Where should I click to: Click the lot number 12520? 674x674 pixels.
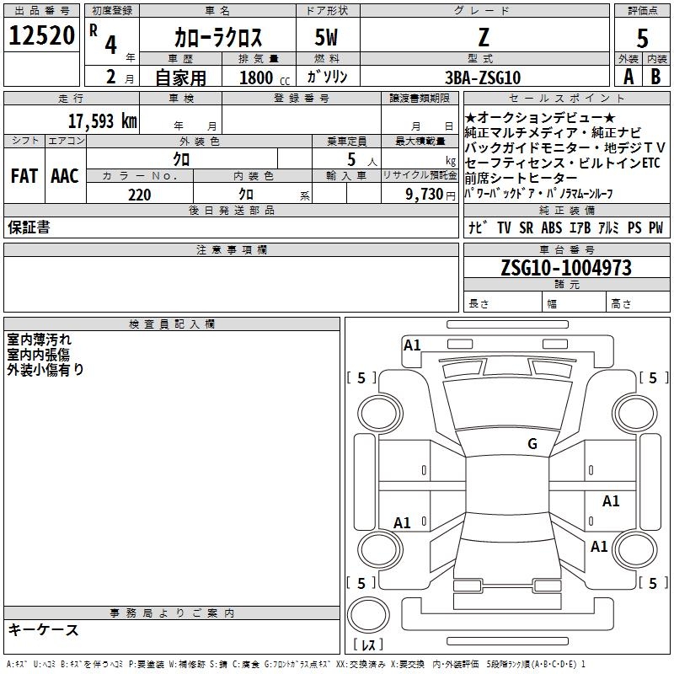(42, 36)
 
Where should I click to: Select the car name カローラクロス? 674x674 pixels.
(218, 38)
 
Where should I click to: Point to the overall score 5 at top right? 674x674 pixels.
(642, 39)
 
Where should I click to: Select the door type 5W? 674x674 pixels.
(328, 38)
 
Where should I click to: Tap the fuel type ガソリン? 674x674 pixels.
(328, 77)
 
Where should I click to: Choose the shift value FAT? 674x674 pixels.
(24, 176)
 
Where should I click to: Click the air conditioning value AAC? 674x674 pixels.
(65, 176)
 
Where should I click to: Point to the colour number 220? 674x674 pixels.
(139, 195)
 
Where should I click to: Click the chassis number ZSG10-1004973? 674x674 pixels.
(565, 268)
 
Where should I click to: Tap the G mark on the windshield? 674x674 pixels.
(532, 444)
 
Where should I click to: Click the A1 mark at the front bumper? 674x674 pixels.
(412, 345)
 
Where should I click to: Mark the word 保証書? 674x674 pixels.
(29, 227)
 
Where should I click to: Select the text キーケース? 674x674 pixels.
(43, 629)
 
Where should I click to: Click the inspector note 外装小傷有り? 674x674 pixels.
(45, 369)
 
